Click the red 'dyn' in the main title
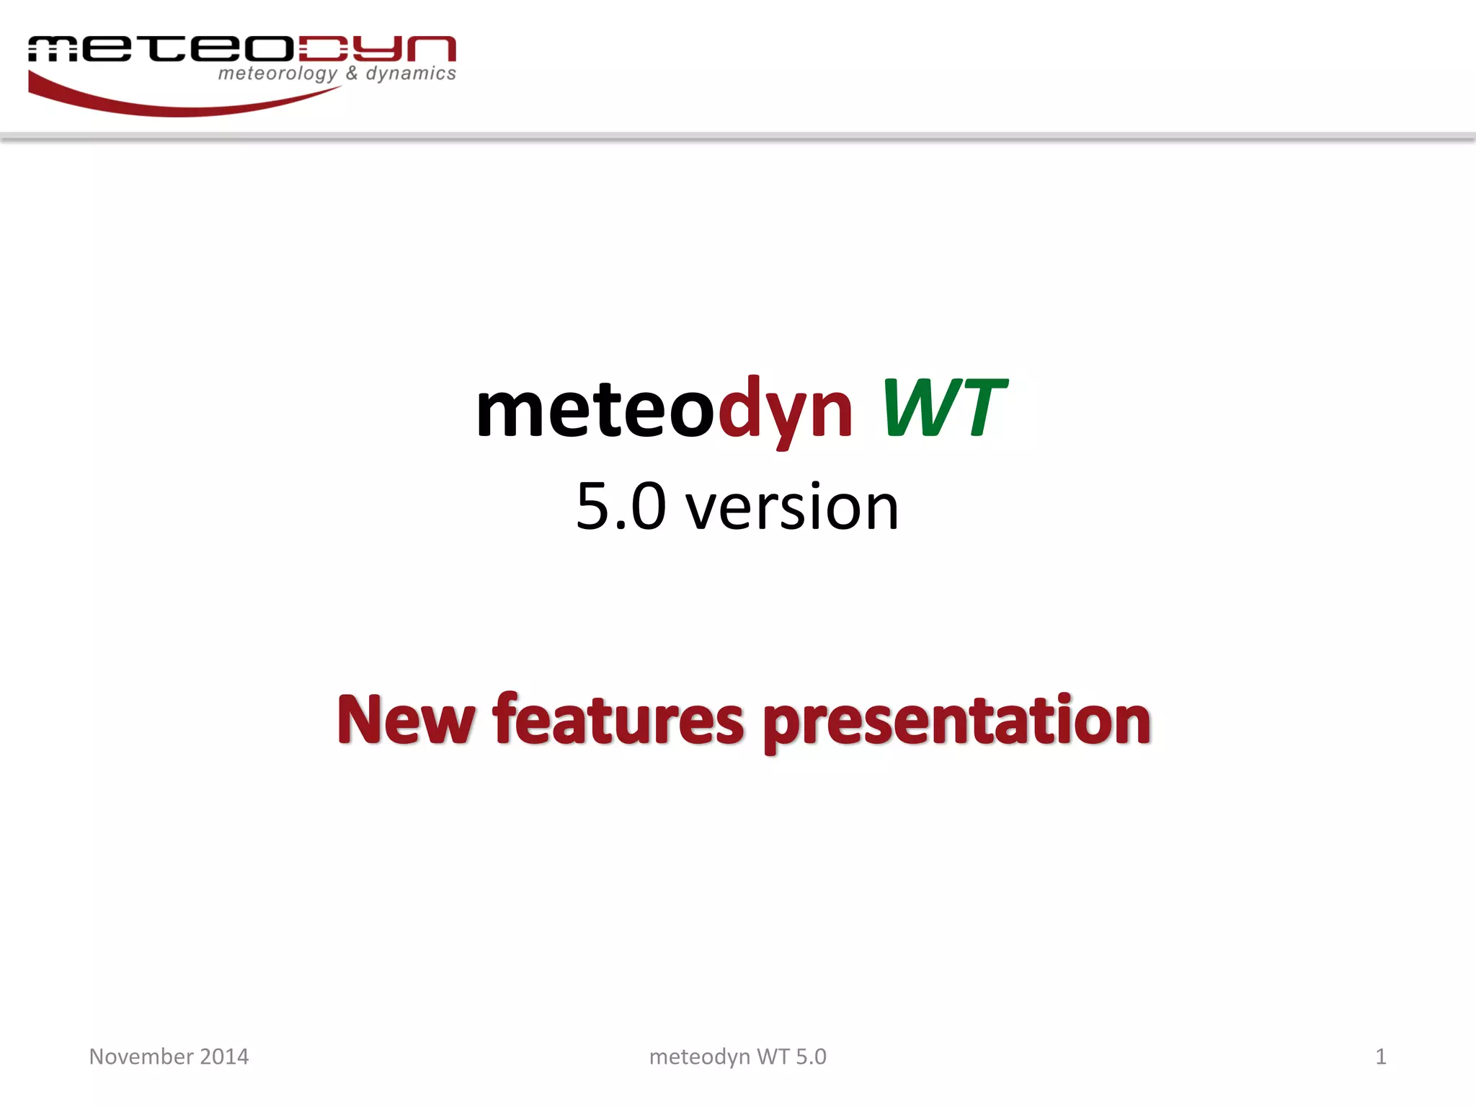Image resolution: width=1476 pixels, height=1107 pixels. click(x=785, y=411)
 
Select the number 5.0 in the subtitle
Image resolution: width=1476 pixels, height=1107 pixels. click(x=621, y=507)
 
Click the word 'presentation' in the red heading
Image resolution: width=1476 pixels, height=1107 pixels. click(x=956, y=721)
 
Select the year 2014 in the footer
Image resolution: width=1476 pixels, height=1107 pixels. click(x=224, y=1057)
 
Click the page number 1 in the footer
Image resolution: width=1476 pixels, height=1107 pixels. click(x=1380, y=1057)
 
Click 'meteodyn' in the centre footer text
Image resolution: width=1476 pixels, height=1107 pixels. click(x=699, y=1057)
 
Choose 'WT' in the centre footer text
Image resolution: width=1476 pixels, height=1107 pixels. click(x=773, y=1057)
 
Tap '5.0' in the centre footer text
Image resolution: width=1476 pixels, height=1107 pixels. click(x=811, y=1057)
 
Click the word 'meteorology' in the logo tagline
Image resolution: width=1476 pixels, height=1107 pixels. click(x=277, y=74)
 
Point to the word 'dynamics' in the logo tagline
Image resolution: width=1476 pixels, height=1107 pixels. click(x=411, y=74)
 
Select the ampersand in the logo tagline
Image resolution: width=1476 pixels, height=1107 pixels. click(x=352, y=73)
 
